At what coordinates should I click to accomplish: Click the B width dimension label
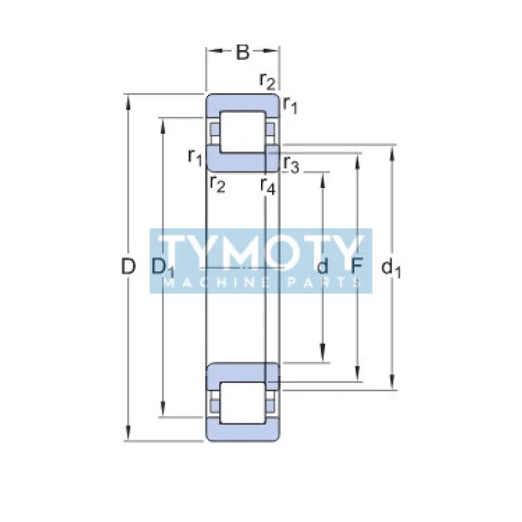click(x=243, y=53)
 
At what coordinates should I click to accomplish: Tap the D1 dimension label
click(x=162, y=267)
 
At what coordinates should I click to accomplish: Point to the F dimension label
click(x=357, y=266)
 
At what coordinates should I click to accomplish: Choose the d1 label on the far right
click(x=391, y=267)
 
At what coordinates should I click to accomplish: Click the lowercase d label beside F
click(x=322, y=266)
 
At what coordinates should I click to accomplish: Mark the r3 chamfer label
click(x=291, y=165)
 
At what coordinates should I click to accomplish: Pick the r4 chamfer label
click(x=268, y=186)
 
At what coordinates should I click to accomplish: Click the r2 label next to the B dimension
click(x=268, y=80)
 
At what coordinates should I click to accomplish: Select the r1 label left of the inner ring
click(x=195, y=156)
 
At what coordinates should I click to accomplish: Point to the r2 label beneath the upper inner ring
click(x=217, y=183)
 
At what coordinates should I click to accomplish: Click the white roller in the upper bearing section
click(x=241, y=132)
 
